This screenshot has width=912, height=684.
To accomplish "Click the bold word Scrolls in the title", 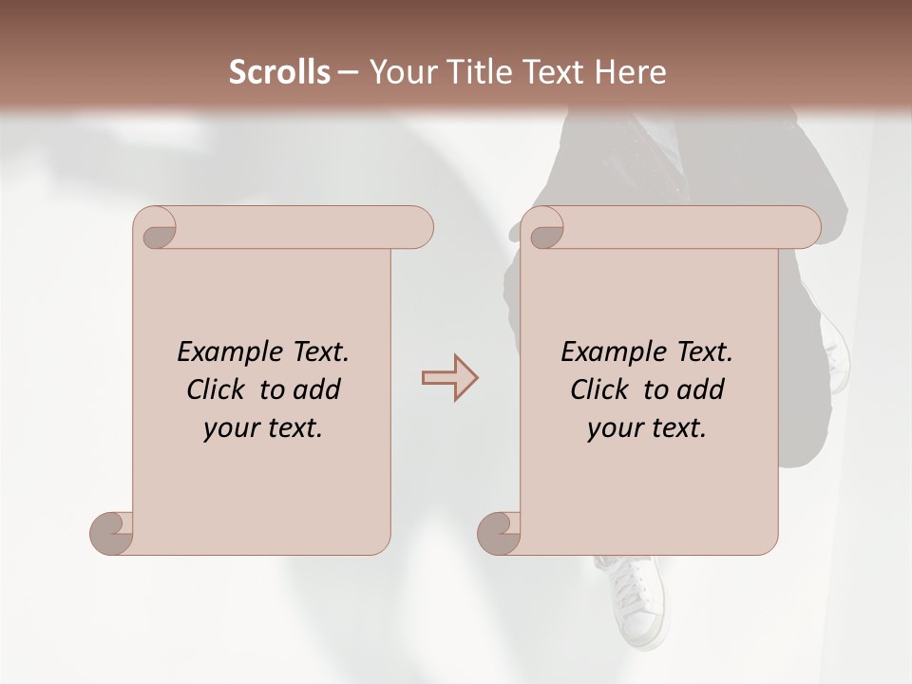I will point(279,72).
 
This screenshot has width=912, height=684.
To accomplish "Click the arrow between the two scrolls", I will point(449,378).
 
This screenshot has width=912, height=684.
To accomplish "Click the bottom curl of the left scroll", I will point(112,533).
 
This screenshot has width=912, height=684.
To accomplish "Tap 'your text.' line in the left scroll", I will point(263,428).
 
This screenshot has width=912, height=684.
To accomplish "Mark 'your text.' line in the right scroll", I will point(647,428).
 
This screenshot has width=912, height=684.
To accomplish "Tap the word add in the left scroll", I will point(317,389).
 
